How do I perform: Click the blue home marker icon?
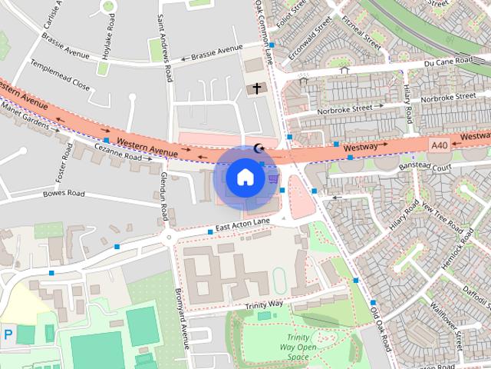[245, 177]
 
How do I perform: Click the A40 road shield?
[439, 145]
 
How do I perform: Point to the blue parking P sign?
[8, 334]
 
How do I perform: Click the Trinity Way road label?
[264, 305]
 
